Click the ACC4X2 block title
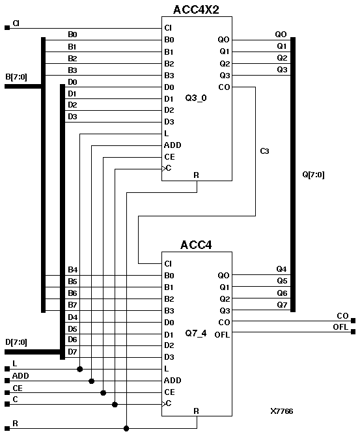197,10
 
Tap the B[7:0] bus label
17,76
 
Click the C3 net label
264,151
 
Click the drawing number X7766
282,412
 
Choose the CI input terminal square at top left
7,27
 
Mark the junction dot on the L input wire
79,369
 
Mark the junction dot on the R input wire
126,428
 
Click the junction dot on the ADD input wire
91,381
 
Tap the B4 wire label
72,269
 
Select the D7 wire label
72,352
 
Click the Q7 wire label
281,304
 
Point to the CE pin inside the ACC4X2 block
169,157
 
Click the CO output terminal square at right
353,320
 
